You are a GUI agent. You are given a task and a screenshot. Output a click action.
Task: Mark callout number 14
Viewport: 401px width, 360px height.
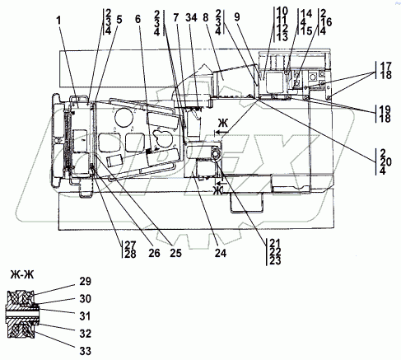click(x=305, y=14)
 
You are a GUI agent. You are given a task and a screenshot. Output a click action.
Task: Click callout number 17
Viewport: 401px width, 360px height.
click(x=386, y=65)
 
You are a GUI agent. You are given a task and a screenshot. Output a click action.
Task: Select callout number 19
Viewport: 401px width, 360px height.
click(x=386, y=108)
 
